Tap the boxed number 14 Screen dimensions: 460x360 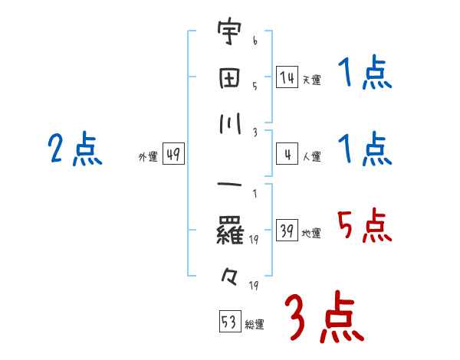coord(287,77)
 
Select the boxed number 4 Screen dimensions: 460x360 coord(287,155)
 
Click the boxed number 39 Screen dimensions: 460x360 coord(287,231)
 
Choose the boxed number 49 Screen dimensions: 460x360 coord(172,155)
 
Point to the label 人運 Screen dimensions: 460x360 coord(311,156)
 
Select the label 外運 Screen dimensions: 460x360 coord(148,157)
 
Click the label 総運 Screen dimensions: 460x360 coord(255,325)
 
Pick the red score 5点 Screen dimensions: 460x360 coord(364,225)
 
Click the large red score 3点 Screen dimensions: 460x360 coord(323,316)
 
